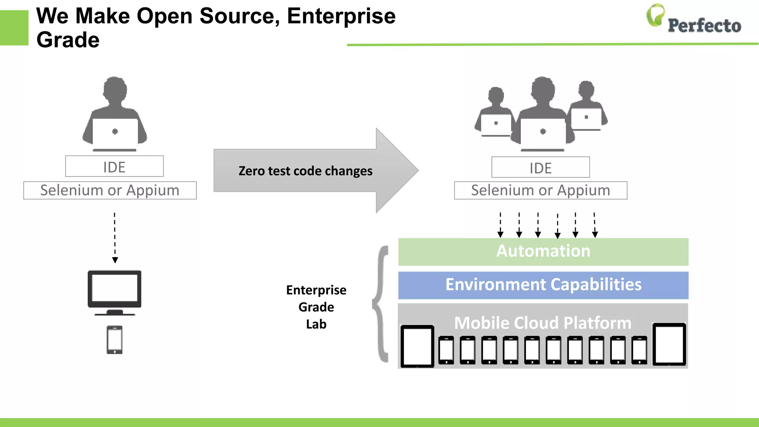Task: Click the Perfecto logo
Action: (694, 20)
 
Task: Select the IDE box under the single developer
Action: (114, 166)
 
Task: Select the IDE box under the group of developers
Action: (540, 168)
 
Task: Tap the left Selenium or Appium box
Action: (110, 191)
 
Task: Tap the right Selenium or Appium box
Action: (540, 191)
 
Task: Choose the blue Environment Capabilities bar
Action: (543, 285)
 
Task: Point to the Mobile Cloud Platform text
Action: (543, 323)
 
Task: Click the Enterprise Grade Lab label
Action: (316, 307)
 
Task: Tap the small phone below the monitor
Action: (115, 340)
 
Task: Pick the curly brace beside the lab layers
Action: (381, 304)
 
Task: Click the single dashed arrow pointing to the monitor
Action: (115, 237)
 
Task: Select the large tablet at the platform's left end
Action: (417, 346)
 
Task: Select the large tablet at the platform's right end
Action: (669, 344)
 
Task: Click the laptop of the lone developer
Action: (115, 133)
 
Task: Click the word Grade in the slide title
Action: (68, 40)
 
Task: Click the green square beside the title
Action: (14, 28)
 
